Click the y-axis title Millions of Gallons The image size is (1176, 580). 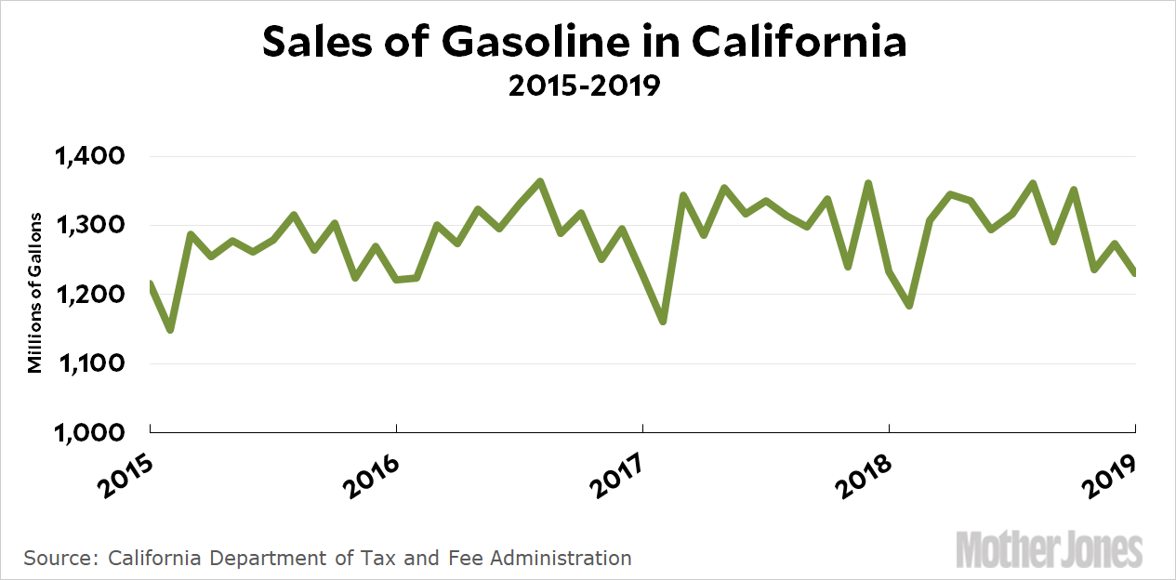(x=35, y=293)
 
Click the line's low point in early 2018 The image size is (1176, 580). (x=909, y=306)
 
